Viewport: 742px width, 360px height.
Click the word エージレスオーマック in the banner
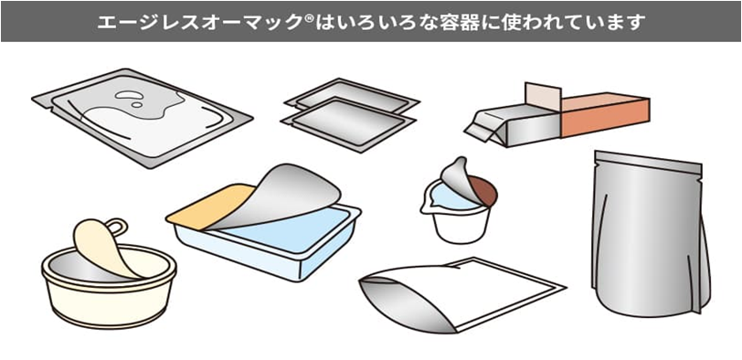pyautogui.click(x=199, y=22)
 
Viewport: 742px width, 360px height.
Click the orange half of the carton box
pyautogui.click(x=605, y=115)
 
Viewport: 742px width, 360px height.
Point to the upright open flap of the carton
pyautogui.click(x=543, y=98)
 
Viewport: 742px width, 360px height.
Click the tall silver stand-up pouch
pyautogui.click(x=651, y=233)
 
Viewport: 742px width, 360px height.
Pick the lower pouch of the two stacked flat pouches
pyautogui.click(x=348, y=124)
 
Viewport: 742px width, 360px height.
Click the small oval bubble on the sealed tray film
pyautogui.click(x=137, y=104)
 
